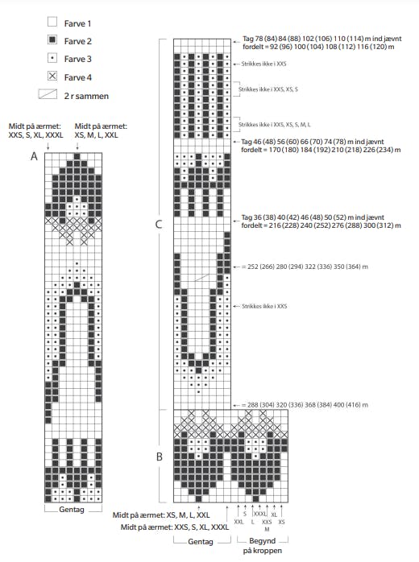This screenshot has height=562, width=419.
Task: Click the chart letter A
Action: point(35,157)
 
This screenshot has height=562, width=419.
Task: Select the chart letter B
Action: point(160,457)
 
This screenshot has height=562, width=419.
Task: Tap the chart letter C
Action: point(160,224)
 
